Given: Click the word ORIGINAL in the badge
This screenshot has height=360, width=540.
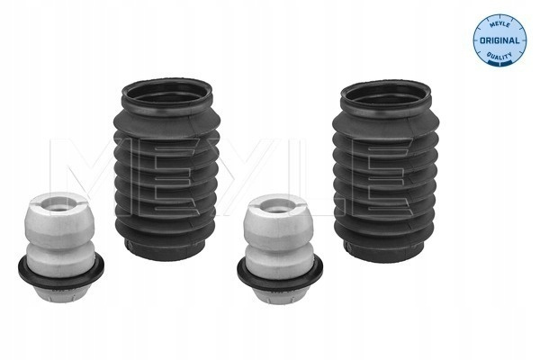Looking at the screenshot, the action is point(499,40).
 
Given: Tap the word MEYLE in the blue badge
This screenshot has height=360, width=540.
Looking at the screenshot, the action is point(499,23).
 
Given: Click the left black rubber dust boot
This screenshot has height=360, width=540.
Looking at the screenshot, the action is point(167,169).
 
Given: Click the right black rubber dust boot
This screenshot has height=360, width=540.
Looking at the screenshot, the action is point(385,170).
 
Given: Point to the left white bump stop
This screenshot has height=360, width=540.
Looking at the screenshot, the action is point(60,247).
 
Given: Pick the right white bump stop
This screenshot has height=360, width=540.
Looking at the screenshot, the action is point(280,248).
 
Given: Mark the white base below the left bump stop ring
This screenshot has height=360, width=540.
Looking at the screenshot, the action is point(60,295).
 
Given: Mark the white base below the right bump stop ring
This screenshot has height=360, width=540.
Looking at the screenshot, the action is point(280,297).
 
